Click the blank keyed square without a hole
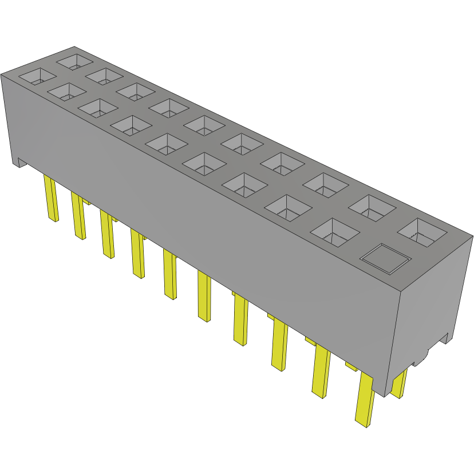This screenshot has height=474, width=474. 385,258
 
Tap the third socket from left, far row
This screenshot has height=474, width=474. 136,90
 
